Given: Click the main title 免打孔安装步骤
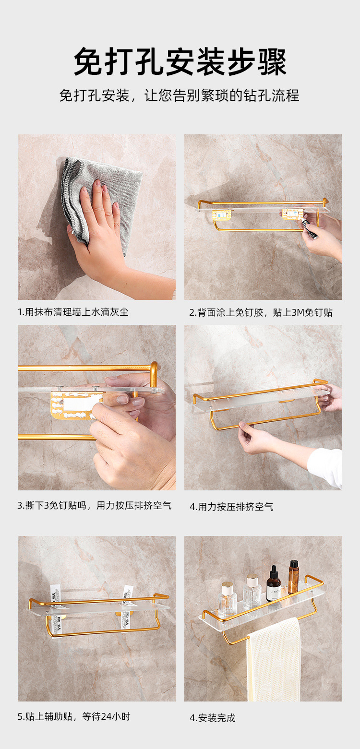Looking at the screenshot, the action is (x=180, y=61).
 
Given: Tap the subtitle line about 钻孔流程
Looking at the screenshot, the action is (x=180, y=95).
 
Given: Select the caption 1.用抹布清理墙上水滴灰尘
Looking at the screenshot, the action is (x=73, y=312).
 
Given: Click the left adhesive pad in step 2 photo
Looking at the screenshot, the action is (x=221, y=214).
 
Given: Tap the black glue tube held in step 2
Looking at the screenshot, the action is (x=309, y=229).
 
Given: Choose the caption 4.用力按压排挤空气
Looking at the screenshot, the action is (x=231, y=507).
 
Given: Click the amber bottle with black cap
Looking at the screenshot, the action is (x=293, y=576).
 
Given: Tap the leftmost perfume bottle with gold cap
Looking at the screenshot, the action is (x=228, y=599).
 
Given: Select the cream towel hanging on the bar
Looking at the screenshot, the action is (x=274, y=659).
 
